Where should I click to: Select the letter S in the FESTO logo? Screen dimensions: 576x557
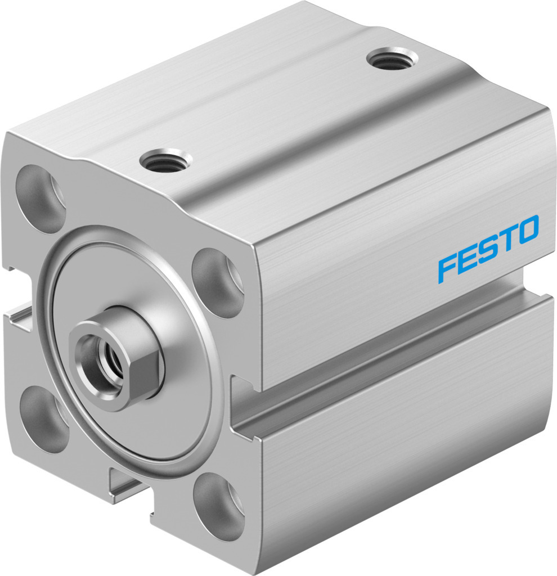pos(487,249)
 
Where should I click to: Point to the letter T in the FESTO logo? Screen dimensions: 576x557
pos(507,239)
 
